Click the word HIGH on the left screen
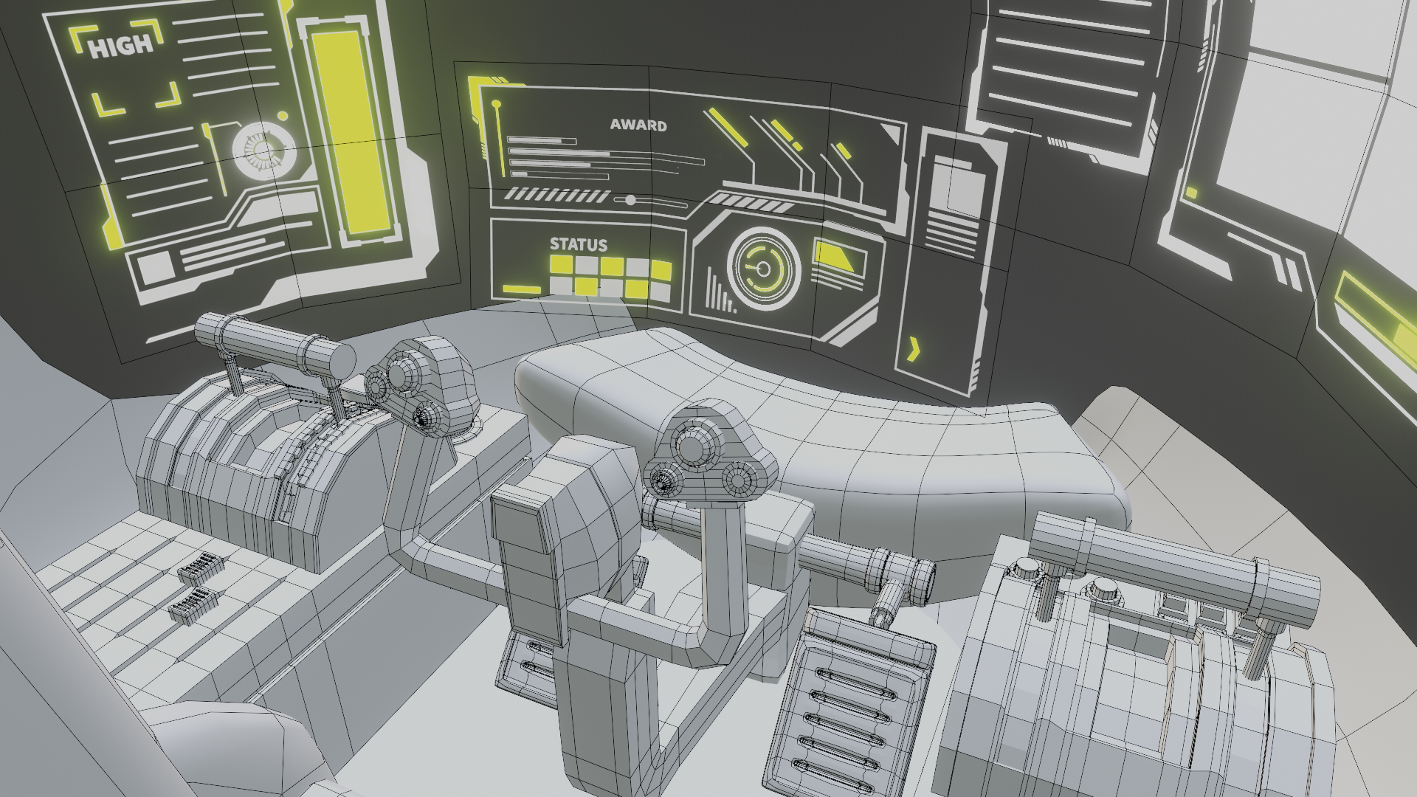[x=121, y=46]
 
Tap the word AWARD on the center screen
[x=638, y=125]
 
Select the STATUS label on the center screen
[x=579, y=244]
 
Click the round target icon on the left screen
[x=263, y=151]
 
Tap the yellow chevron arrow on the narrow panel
[x=914, y=349]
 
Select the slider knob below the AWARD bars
[x=630, y=200]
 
